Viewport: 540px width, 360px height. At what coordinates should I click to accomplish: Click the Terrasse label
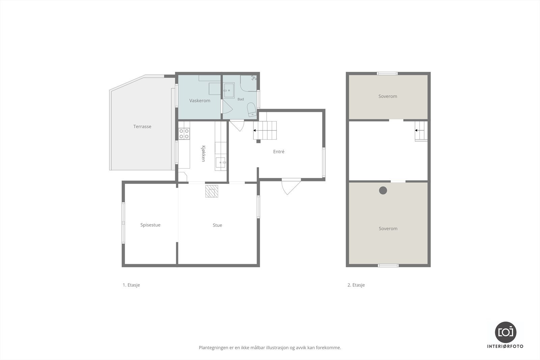(142, 127)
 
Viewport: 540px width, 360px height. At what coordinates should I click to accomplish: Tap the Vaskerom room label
(199, 101)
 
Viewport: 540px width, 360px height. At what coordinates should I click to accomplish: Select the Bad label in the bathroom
(241, 99)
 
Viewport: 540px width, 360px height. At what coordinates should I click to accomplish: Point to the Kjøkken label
(203, 154)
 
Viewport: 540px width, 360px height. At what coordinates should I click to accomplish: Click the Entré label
(279, 151)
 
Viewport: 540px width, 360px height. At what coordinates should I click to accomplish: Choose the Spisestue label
(151, 225)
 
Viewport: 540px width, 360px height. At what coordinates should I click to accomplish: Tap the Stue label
(217, 225)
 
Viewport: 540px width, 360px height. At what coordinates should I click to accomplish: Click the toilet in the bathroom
(252, 110)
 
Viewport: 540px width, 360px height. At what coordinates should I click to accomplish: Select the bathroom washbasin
(228, 90)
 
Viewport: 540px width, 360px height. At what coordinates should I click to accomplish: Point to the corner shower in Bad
(248, 83)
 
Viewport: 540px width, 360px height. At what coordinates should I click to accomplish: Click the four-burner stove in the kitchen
(184, 134)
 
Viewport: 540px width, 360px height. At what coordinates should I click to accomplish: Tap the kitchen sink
(221, 162)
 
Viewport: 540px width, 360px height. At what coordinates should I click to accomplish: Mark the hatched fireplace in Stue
(212, 191)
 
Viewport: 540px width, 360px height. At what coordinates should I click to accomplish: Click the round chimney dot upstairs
(383, 190)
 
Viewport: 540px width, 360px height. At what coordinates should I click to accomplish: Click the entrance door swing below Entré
(291, 186)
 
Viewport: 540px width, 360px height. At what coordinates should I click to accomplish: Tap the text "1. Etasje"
(131, 285)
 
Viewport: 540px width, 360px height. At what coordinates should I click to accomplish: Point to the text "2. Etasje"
(356, 285)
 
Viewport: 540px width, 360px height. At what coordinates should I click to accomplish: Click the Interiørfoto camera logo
(506, 332)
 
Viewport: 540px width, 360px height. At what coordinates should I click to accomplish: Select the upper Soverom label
(388, 96)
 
